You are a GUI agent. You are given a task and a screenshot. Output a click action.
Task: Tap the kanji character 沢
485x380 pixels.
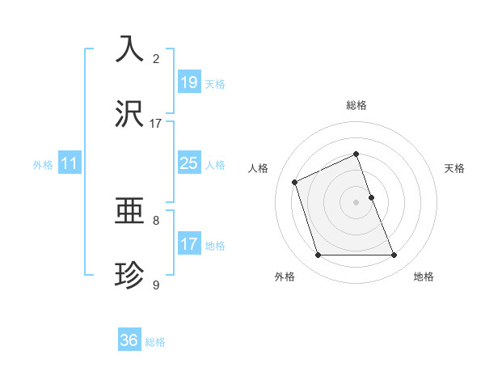tap(130, 115)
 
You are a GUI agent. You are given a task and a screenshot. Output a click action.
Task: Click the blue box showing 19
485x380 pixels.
tap(188, 82)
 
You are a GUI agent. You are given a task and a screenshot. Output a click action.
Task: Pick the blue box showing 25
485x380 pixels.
tap(188, 163)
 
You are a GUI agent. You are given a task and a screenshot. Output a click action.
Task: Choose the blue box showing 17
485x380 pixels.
tap(188, 244)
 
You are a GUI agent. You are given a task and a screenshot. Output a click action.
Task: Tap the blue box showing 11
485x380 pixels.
tap(70, 163)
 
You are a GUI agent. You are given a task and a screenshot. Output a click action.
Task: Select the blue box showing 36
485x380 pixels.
tap(129, 340)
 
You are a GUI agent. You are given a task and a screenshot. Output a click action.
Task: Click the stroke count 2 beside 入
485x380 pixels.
tap(156, 59)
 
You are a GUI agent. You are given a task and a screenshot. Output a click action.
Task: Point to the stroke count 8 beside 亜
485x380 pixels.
tap(156, 220)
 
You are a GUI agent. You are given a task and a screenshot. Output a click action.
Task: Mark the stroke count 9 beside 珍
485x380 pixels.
tap(156, 285)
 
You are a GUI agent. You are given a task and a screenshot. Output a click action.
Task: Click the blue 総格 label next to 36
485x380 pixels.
tap(155, 342)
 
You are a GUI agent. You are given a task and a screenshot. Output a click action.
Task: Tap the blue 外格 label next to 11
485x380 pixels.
tap(43, 165)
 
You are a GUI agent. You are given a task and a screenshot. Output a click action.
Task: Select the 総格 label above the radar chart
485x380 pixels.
tap(356, 105)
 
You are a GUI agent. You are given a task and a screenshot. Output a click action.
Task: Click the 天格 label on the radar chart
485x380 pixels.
tap(454, 168)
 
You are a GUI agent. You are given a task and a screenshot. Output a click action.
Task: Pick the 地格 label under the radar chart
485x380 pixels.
tap(424, 277)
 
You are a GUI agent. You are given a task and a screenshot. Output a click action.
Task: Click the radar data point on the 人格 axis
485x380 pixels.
tap(295, 181)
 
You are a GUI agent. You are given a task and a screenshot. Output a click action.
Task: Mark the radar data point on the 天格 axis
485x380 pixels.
tap(371, 197)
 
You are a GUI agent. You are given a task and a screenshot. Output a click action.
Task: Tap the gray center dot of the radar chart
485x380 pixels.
tap(356, 202)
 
